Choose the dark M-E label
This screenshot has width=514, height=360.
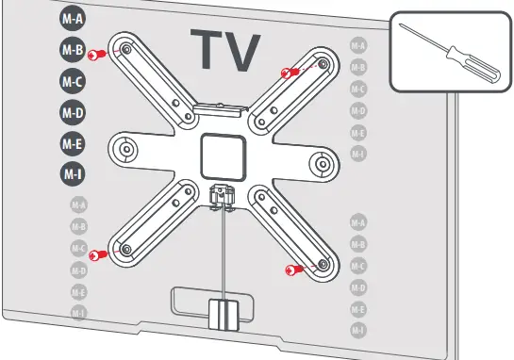(73, 144)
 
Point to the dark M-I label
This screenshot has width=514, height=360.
(73, 173)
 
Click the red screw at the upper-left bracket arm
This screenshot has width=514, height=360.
(94, 57)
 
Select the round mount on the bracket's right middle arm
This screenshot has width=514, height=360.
(323, 162)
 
